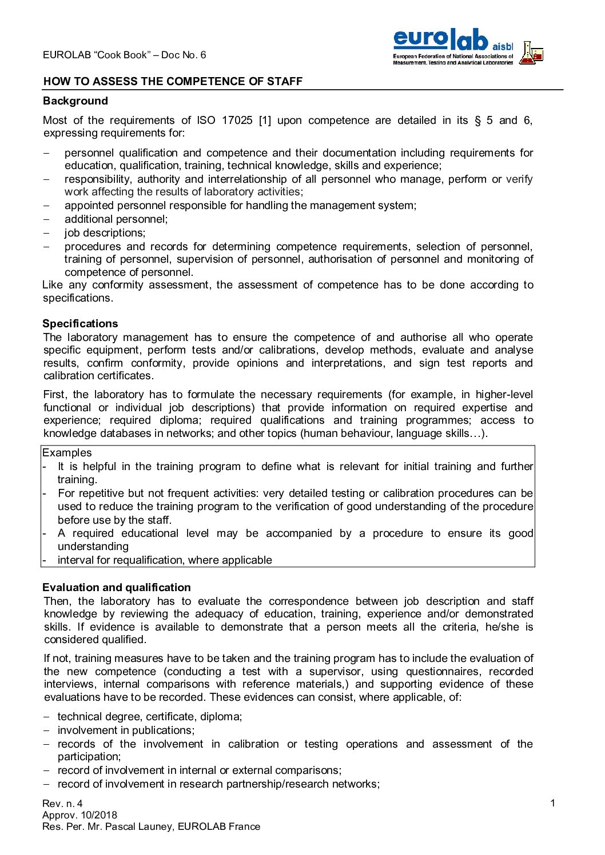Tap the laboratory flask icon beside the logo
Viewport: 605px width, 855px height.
pos(531,53)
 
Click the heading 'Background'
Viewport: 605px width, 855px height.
pos(75,101)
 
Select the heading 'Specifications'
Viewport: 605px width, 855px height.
pos(80,324)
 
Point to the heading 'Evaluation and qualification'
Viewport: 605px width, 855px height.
pos(117,588)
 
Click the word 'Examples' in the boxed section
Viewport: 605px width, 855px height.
pos(67,453)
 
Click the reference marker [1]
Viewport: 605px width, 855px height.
pos(265,121)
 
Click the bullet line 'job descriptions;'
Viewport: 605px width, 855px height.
pos(105,233)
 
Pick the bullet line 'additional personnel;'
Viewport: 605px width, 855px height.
pos(116,219)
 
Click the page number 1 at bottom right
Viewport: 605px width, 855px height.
pos(552,804)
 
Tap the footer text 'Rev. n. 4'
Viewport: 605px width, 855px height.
pos(62,804)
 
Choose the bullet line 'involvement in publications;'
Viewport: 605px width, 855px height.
pos(126,730)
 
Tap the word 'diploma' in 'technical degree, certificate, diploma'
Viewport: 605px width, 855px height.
pos(223,717)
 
